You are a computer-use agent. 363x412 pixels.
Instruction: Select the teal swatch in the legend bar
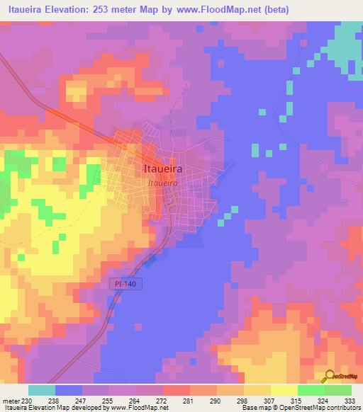point(42,390)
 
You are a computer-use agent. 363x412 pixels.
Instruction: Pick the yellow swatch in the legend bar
point(284,390)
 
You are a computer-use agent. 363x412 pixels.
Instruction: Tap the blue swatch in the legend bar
point(69,390)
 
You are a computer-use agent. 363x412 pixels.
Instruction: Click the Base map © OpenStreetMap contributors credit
point(300,408)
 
